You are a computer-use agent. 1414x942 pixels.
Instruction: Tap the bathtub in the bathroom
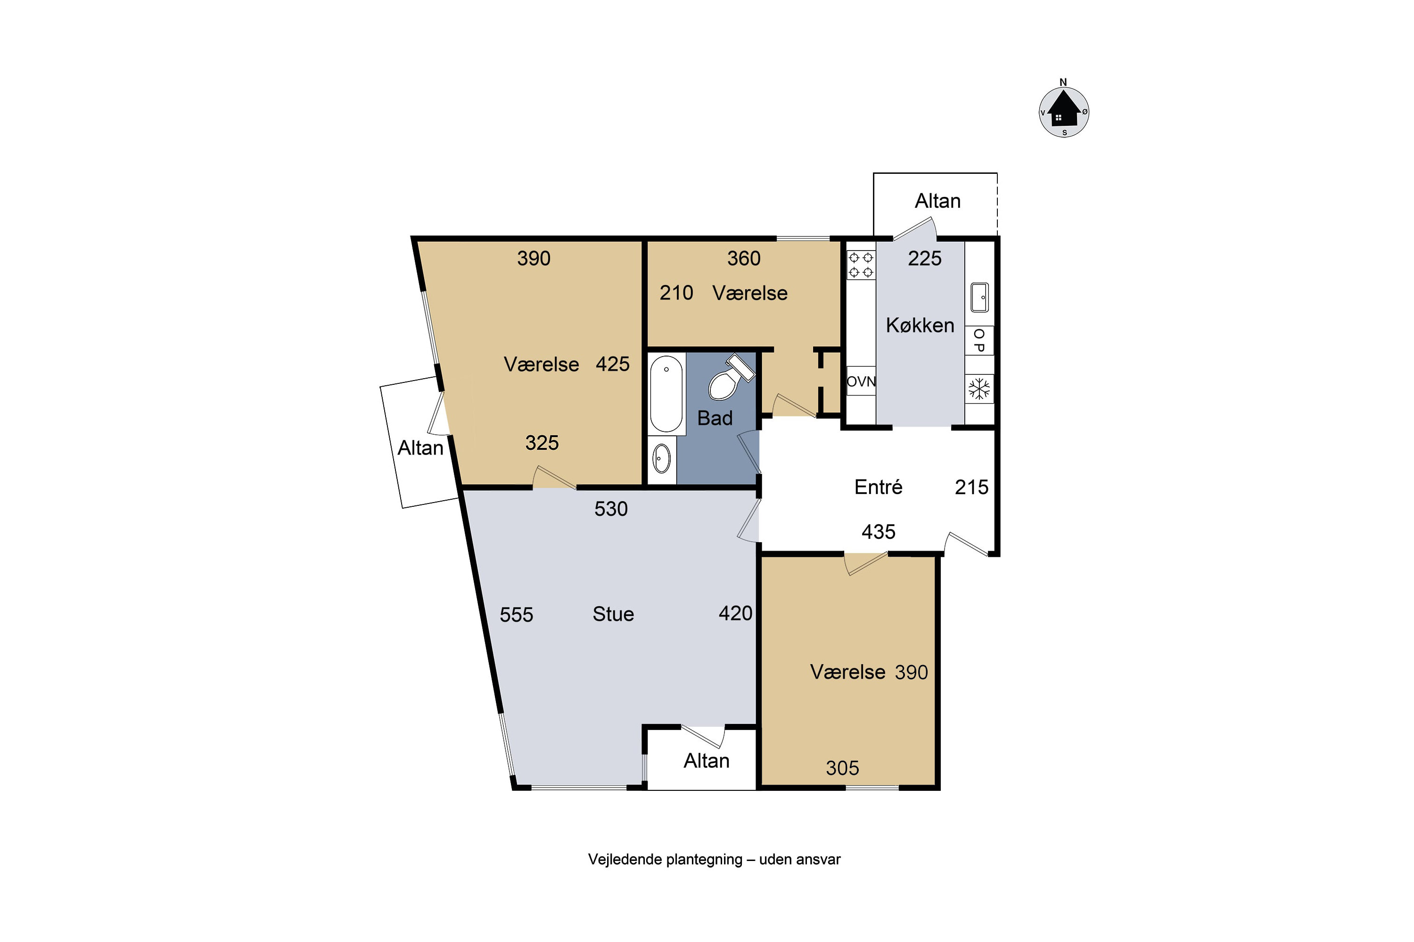(x=666, y=393)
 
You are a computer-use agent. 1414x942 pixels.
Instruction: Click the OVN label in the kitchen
(x=861, y=382)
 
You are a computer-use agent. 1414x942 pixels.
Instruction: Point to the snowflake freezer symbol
(x=979, y=389)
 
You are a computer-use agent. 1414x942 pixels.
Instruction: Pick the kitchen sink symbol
(x=979, y=297)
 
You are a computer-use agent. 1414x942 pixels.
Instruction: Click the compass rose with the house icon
(x=1063, y=111)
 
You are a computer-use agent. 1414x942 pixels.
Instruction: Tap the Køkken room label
(x=920, y=325)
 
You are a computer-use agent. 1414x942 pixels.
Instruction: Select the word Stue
(x=613, y=614)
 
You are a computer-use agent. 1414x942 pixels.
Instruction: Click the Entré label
(x=879, y=487)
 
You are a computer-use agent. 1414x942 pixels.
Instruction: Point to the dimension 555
(x=517, y=615)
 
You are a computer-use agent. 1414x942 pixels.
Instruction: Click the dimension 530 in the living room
(x=611, y=509)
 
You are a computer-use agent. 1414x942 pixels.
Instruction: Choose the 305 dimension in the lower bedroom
(x=842, y=768)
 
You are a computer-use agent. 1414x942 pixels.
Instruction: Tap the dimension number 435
(x=879, y=532)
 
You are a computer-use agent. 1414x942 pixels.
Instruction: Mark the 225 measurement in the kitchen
(x=925, y=258)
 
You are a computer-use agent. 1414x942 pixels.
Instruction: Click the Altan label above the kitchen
(x=937, y=201)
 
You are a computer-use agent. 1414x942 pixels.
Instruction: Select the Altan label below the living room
(x=707, y=761)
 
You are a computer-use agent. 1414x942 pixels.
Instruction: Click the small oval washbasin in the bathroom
(x=661, y=459)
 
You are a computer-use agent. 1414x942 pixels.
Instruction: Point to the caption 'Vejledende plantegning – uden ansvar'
(x=714, y=860)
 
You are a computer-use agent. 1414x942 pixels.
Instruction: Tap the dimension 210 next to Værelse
(x=676, y=292)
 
